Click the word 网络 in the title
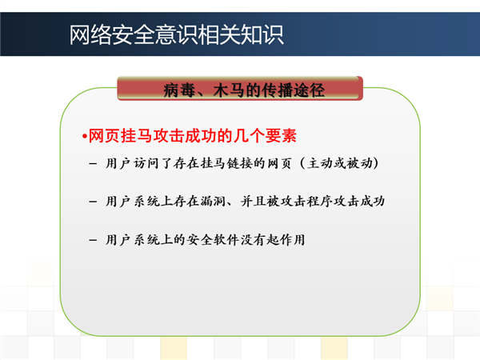[90, 35]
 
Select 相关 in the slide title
[219, 35]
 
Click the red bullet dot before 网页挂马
[84, 137]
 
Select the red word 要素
[281, 136]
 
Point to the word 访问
[146, 163]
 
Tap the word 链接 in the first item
[240, 163]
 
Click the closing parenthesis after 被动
[376, 163]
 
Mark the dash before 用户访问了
[93, 164]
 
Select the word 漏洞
[213, 201]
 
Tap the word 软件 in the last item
[226, 240]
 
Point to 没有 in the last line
[253, 240]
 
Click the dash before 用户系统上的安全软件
[93, 240]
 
